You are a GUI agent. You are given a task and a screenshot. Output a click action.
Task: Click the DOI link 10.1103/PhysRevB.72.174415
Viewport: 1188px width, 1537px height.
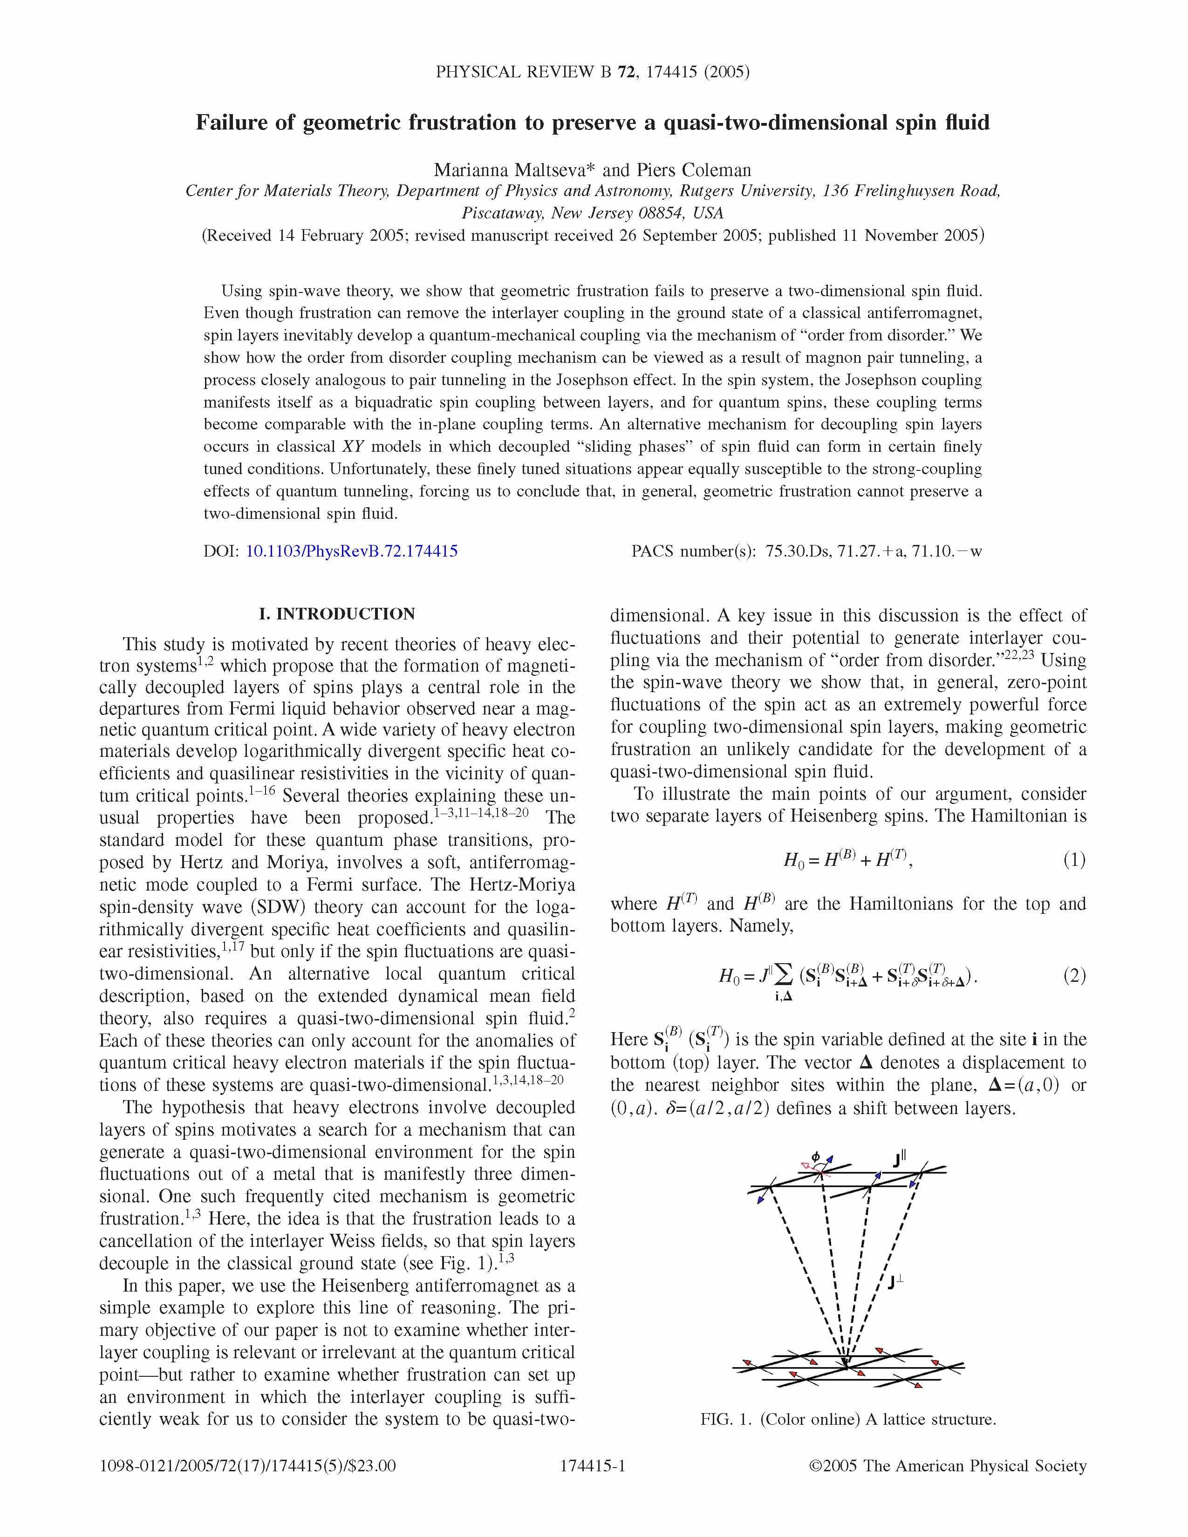351,551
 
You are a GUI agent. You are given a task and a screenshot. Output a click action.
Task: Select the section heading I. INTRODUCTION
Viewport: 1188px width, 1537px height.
337,614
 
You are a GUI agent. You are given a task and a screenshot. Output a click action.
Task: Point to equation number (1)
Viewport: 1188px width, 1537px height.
1074,859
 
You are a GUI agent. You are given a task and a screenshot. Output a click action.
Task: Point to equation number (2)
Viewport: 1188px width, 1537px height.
1074,976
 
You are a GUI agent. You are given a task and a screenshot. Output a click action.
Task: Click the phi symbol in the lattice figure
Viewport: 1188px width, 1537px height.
816,1156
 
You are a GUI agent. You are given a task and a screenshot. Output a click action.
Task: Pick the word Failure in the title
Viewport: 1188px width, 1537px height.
230,122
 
